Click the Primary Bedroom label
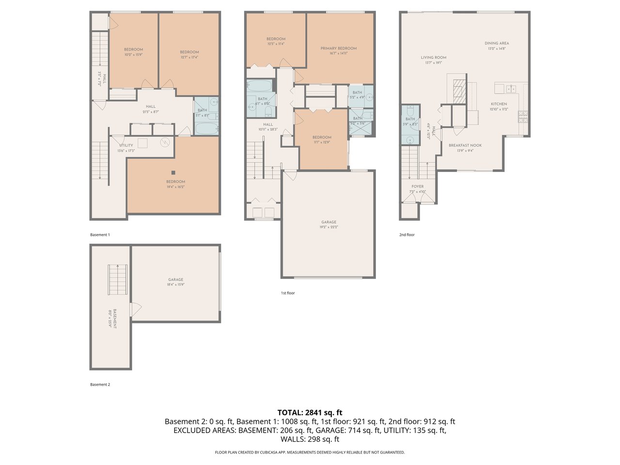(339, 48)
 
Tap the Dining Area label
(496, 44)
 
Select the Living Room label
(433, 58)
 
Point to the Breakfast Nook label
(465, 145)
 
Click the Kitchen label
(498, 104)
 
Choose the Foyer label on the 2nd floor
(418, 186)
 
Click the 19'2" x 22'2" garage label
(328, 222)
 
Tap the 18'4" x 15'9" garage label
(176, 279)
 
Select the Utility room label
(126, 145)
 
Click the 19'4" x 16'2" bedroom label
(175, 182)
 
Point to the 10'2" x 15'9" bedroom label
(133, 49)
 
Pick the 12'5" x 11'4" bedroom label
(276, 39)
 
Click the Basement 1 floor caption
(100, 235)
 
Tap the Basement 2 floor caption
(100, 385)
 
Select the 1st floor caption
(288, 293)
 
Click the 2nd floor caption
(407, 235)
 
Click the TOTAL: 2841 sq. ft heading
(310, 413)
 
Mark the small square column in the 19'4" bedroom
(173, 172)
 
